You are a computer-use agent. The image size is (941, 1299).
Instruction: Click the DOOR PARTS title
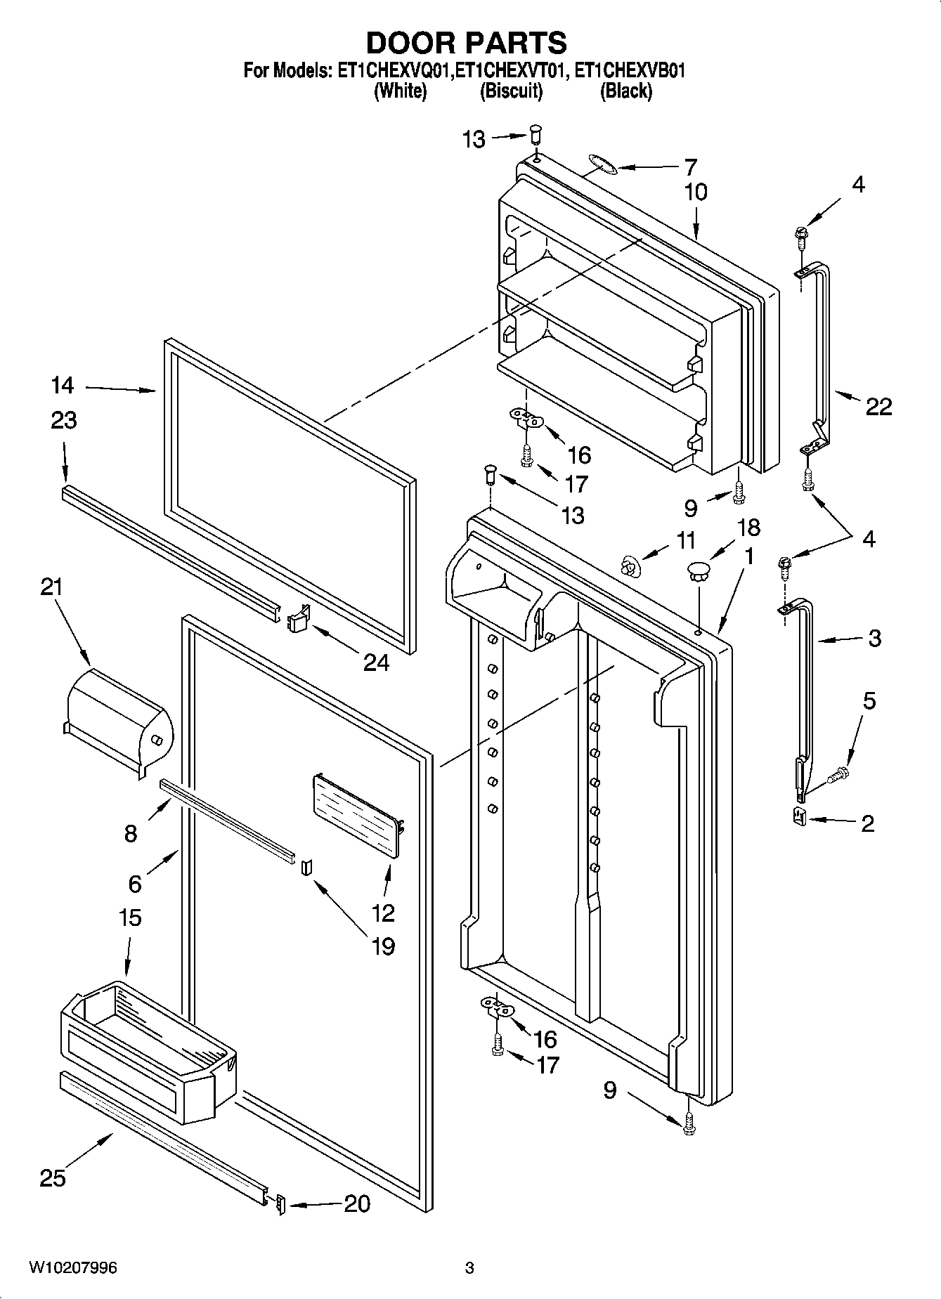(x=466, y=43)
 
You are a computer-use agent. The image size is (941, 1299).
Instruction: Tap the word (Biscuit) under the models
(x=511, y=91)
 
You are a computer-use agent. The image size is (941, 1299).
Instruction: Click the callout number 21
(x=51, y=586)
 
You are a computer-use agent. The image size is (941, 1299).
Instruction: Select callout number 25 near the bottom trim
(x=53, y=1177)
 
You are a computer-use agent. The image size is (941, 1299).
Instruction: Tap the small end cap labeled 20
(x=281, y=1204)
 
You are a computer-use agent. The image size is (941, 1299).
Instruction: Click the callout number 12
(x=384, y=913)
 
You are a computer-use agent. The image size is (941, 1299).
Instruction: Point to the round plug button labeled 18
(x=699, y=570)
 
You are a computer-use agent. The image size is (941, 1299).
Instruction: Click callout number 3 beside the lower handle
(x=874, y=638)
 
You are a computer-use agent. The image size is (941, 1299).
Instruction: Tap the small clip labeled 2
(x=798, y=817)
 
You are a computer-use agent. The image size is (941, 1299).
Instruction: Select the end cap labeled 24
(x=298, y=620)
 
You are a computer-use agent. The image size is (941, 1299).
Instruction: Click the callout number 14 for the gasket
(x=62, y=385)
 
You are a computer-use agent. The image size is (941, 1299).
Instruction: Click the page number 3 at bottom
(x=469, y=1268)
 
